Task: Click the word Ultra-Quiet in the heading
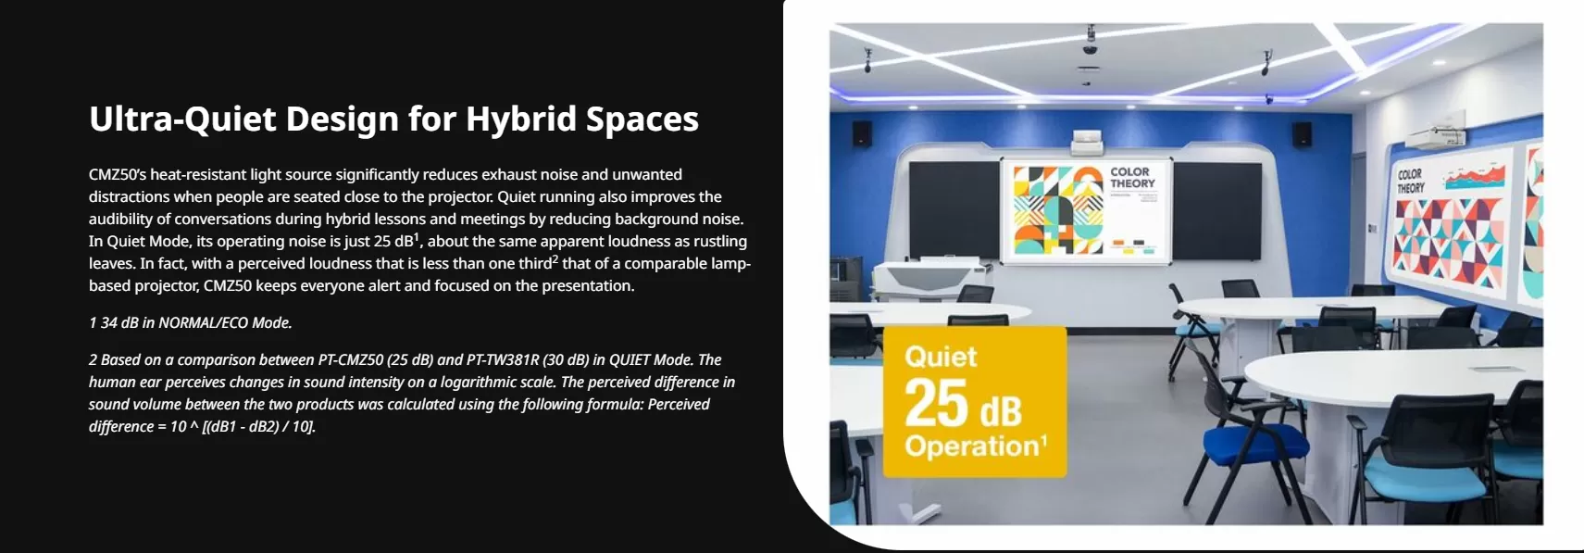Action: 182,119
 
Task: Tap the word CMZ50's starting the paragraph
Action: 118,175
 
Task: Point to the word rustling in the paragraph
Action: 720,241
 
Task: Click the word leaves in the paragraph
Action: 110,264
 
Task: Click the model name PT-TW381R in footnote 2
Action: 502,360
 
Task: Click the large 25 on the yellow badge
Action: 936,404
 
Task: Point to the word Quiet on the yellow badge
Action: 941,357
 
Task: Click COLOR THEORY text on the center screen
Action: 1132,178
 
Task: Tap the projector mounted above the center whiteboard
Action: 1088,143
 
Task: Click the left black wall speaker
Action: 861,133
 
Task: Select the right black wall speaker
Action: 1302,133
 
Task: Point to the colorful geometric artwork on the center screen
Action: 1058,209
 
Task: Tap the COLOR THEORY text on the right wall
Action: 1410,181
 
